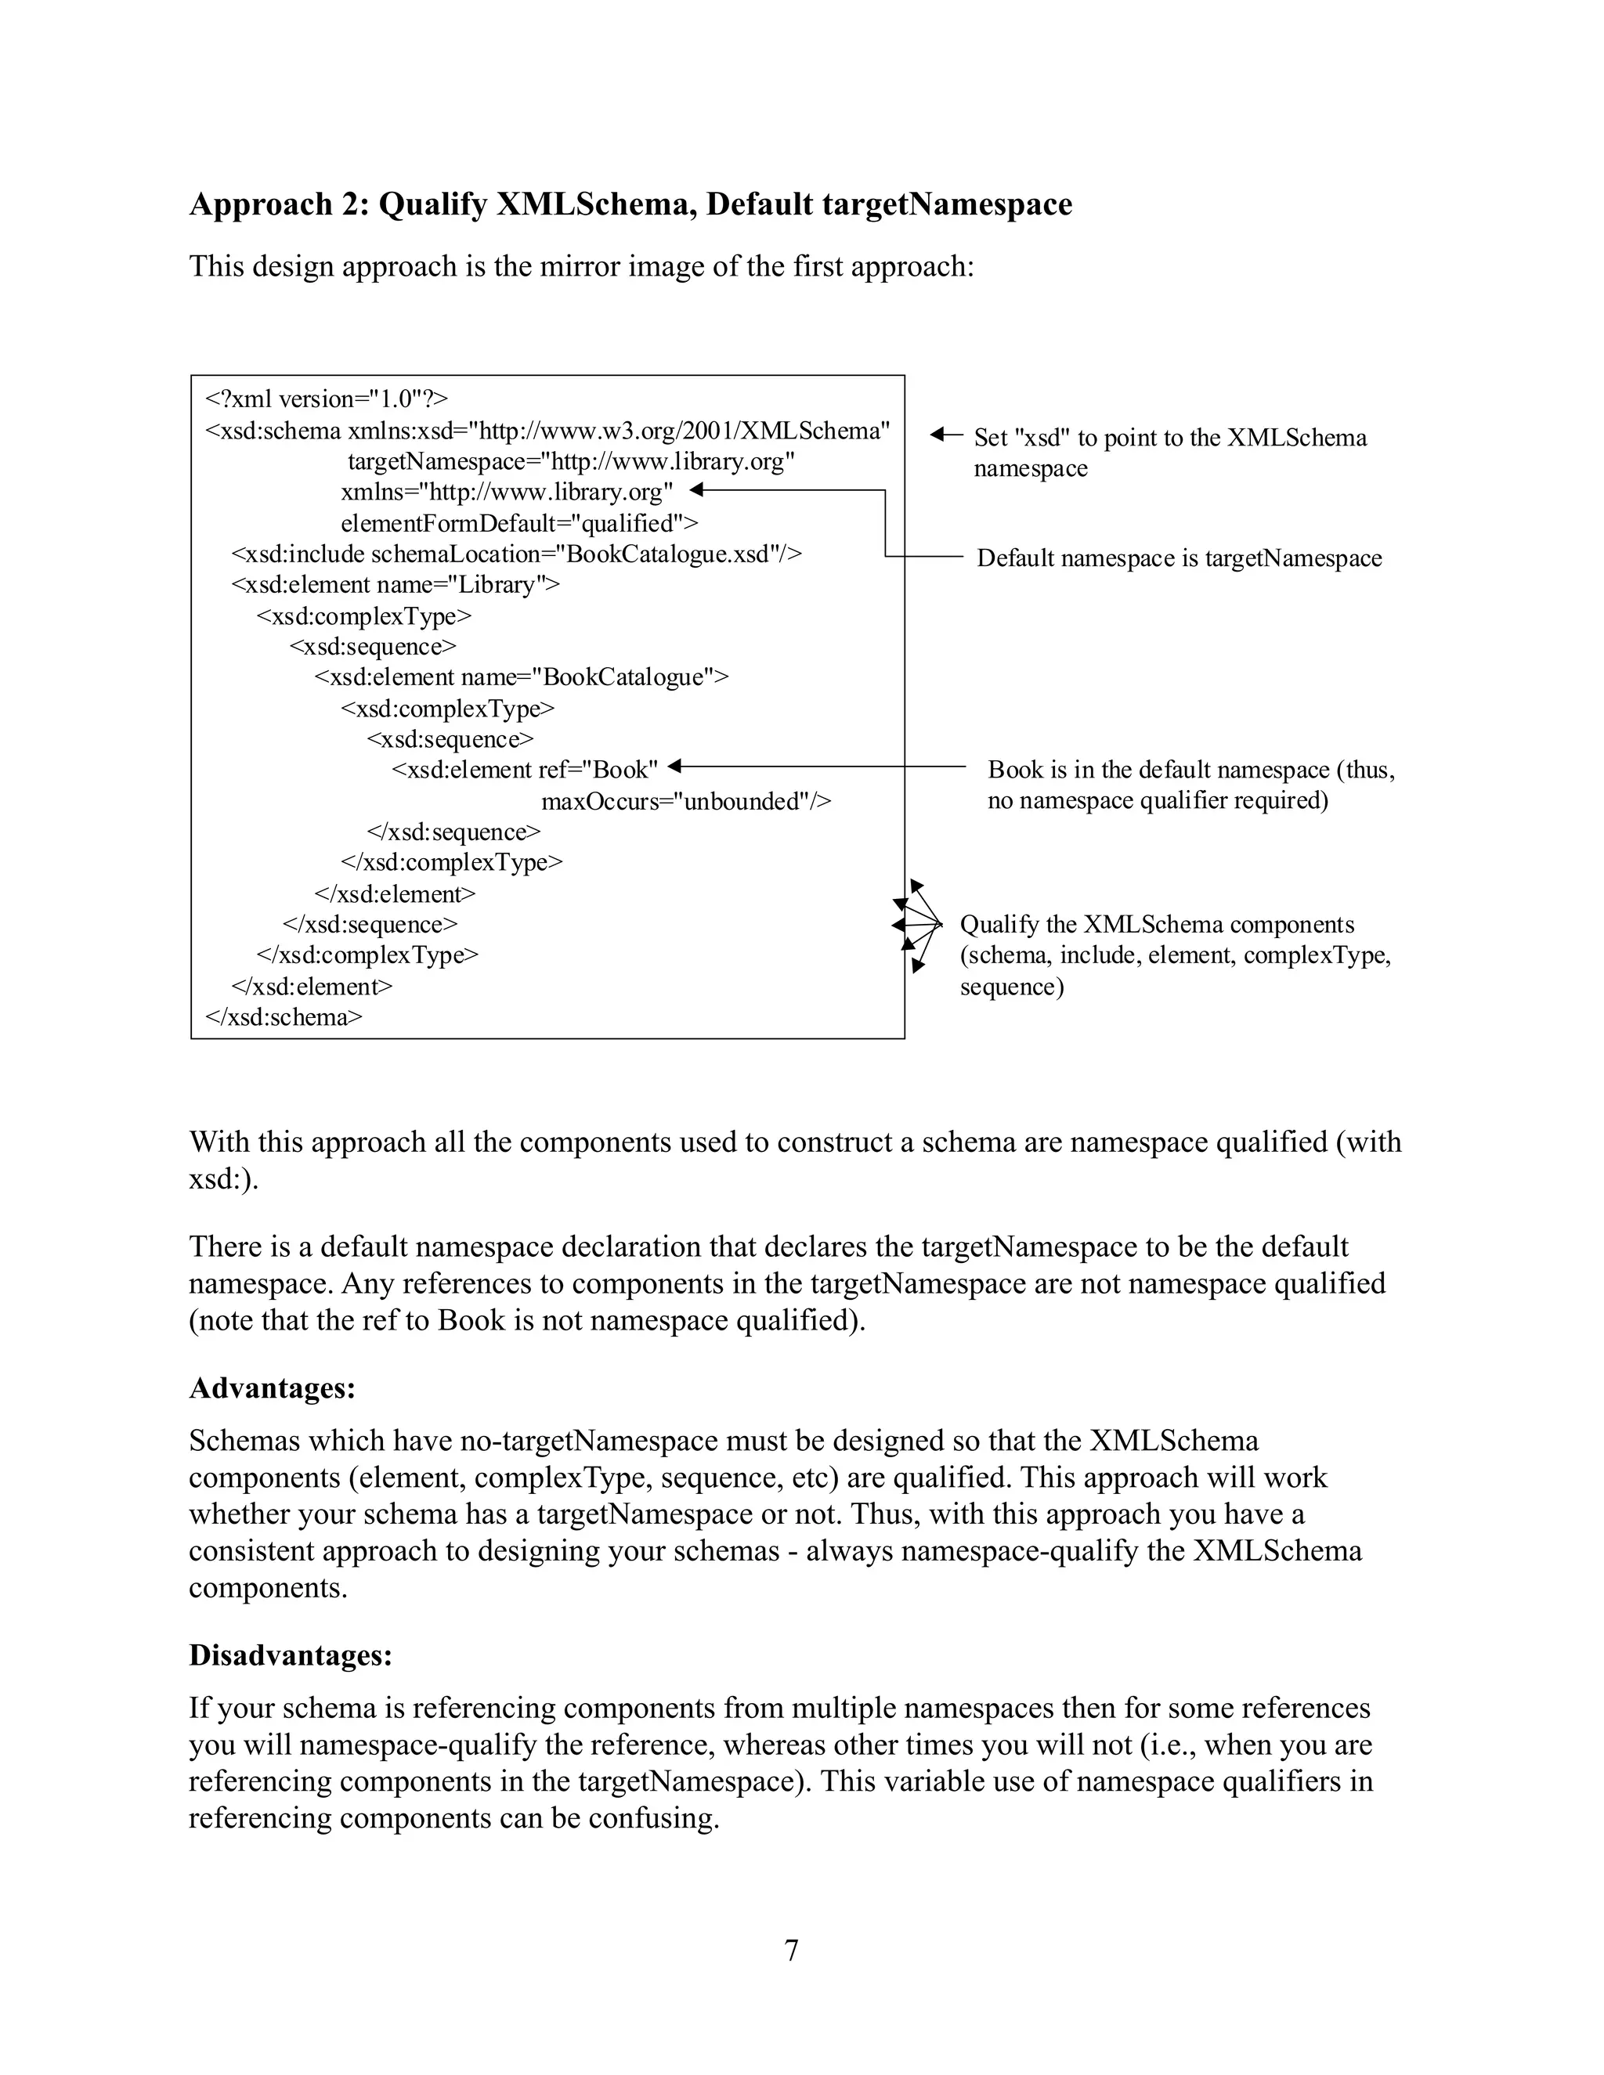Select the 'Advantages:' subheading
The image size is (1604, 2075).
coord(272,1388)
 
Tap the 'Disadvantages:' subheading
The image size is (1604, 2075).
coord(291,1655)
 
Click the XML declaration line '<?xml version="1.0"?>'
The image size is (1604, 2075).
coord(327,399)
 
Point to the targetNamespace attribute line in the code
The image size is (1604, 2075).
coord(571,462)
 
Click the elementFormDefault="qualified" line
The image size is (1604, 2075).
coord(518,524)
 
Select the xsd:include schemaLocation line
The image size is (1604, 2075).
coord(517,554)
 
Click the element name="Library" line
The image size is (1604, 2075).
coord(396,584)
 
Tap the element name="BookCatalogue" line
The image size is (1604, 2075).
coord(522,677)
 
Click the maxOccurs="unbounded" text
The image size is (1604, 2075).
coord(686,801)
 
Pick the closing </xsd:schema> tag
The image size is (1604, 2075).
coord(284,1018)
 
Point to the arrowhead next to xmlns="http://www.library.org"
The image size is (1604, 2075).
coord(695,490)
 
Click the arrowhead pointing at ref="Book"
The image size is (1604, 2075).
coord(674,766)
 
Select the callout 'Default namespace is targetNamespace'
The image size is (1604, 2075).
coord(1178,558)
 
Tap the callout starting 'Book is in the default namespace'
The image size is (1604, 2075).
coord(1190,785)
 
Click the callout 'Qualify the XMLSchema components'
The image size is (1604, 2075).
coord(1175,955)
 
